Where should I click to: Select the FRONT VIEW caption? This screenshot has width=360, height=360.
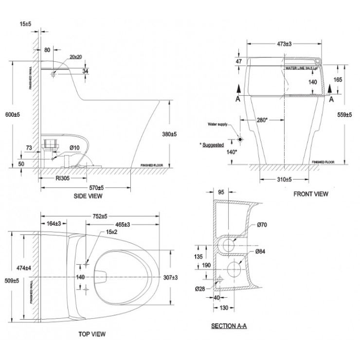pyautogui.click(x=310, y=194)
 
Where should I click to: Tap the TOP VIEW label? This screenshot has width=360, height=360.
pyautogui.click(x=92, y=334)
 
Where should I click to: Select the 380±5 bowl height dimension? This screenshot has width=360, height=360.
pyautogui.click(x=181, y=133)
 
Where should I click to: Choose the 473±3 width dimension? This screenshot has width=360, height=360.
pyautogui.click(x=285, y=43)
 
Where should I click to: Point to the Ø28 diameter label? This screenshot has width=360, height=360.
pyautogui.click(x=199, y=288)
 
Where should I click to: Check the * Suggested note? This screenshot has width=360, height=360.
pyautogui.click(x=212, y=144)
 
